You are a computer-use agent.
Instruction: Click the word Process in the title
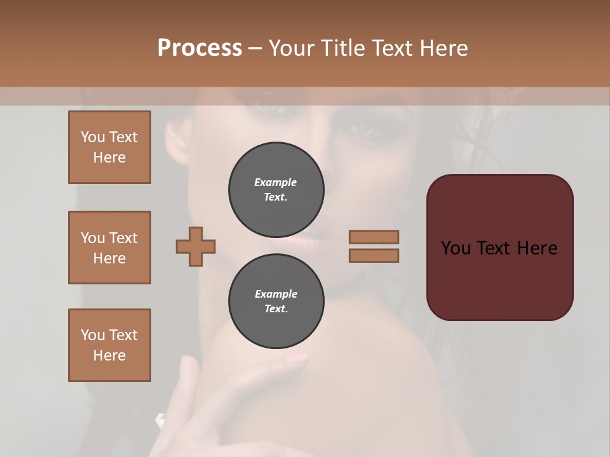[200, 48]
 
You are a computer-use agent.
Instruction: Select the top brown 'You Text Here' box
[109, 147]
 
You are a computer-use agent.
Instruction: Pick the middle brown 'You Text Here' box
[109, 248]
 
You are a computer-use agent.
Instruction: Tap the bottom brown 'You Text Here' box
[109, 345]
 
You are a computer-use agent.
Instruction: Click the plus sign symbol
[196, 246]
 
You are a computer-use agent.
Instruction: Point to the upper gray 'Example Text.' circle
[276, 190]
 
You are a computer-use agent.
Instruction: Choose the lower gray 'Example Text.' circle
[276, 301]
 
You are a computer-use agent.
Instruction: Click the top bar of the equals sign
[374, 237]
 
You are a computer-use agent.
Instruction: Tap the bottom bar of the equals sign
[374, 256]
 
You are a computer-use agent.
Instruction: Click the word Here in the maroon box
[537, 248]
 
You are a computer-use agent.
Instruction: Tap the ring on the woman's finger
[160, 420]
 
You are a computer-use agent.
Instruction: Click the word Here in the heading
[443, 48]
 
